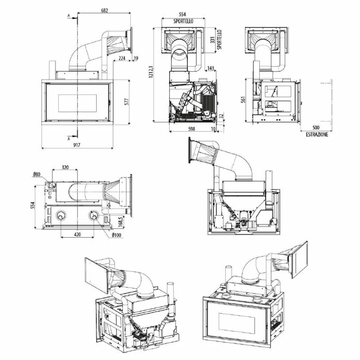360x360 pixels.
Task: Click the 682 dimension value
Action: (104, 10)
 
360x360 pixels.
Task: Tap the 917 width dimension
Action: (76, 145)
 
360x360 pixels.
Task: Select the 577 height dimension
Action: (127, 102)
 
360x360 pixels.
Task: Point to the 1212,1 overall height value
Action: (151, 72)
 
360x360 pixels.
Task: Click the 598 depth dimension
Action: (192, 129)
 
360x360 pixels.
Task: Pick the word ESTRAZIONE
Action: (317, 134)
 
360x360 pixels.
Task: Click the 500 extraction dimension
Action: (316, 128)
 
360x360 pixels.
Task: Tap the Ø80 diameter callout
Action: (36, 174)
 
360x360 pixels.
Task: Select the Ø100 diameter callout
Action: (117, 235)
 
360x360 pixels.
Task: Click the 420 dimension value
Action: (77, 234)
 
